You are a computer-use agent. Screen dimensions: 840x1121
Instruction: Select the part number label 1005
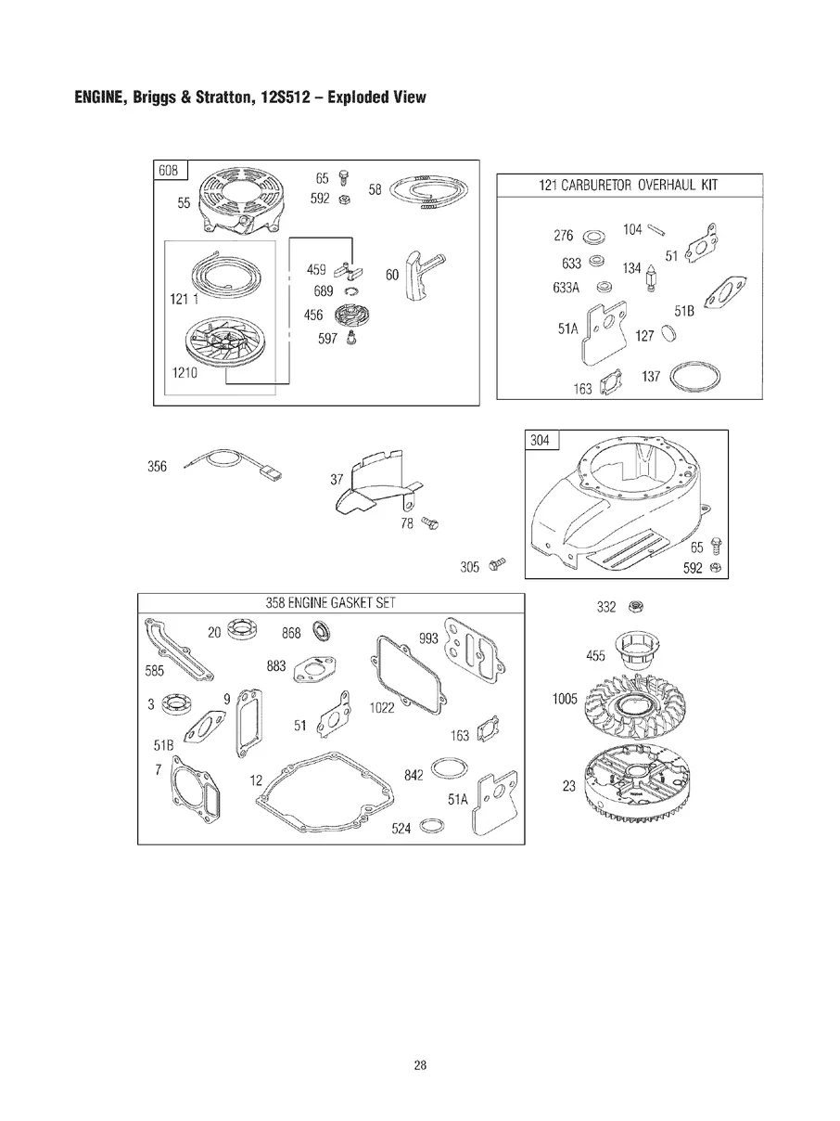pos(565,698)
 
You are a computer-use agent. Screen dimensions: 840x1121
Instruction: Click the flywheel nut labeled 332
pos(635,606)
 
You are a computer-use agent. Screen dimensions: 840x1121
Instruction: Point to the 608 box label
pos(169,170)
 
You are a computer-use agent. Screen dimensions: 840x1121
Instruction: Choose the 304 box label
pos(541,440)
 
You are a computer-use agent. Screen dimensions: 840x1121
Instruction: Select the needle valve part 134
pos(651,277)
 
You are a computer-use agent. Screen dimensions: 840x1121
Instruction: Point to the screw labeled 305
pos(497,564)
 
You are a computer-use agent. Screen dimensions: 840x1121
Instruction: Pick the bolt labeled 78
pos(429,523)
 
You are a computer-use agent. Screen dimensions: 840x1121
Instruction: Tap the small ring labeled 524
pos(431,825)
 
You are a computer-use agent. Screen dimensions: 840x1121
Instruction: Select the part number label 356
pos(157,466)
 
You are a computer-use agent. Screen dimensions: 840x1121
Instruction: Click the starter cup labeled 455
pos(637,650)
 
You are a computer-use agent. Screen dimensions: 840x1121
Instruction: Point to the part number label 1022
pos(382,707)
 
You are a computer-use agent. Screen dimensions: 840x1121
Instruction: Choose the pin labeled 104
pos(656,230)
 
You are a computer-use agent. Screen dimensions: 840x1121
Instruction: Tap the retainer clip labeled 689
pos(350,291)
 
